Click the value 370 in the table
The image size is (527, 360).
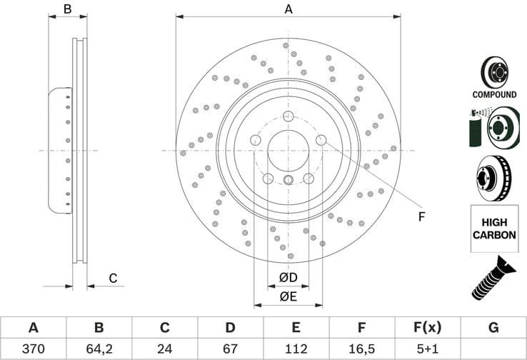[x=33, y=349]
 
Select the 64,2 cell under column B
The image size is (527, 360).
[x=99, y=349]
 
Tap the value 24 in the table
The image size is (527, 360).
[x=164, y=349]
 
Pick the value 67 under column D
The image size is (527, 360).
[x=230, y=349]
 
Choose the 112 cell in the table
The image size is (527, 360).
[x=296, y=349]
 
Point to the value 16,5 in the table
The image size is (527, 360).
[x=362, y=349]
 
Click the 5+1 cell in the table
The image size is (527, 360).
[x=427, y=349]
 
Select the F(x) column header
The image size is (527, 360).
[x=427, y=328]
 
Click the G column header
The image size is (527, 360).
[x=493, y=328]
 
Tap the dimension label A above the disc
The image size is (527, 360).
[x=288, y=9]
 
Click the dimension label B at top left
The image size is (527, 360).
[x=67, y=9]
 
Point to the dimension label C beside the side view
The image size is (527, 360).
[x=112, y=278]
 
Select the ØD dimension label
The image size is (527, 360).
[x=288, y=277]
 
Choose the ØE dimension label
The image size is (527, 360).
[x=288, y=296]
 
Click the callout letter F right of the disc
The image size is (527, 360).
[x=421, y=216]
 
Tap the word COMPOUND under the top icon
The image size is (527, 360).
[x=494, y=94]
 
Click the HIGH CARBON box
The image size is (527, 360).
[x=494, y=229]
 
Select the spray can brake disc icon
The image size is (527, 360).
[x=493, y=127]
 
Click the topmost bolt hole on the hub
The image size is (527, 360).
[x=288, y=116]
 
